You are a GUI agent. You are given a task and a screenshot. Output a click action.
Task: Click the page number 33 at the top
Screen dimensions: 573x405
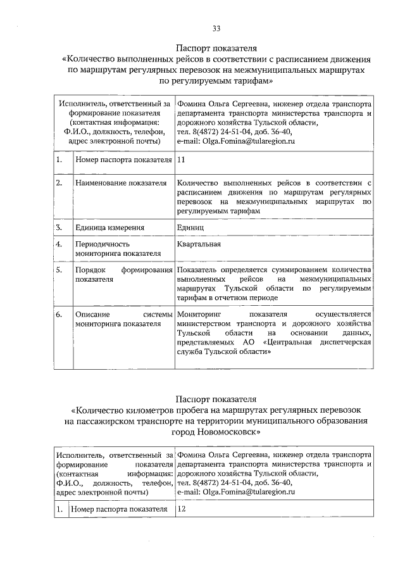[216, 28]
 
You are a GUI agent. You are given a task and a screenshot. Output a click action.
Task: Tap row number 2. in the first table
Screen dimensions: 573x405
[59, 183]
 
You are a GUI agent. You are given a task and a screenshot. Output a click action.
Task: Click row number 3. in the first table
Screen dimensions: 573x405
[59, 227]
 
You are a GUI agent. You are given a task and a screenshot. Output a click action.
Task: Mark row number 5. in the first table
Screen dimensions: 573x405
[59, 270]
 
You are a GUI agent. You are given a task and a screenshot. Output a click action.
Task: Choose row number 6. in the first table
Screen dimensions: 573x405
[59, 314]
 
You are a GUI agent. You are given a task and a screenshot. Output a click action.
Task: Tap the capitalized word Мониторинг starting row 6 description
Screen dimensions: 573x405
[199, 314]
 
